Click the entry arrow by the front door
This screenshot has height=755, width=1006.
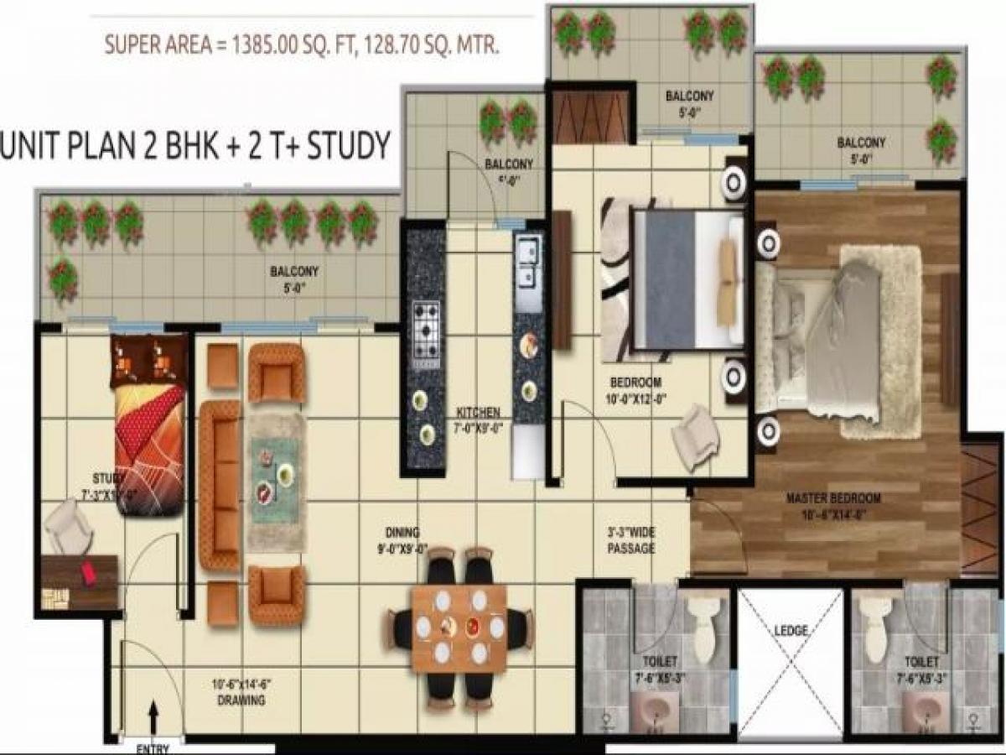click(x=153, y=719)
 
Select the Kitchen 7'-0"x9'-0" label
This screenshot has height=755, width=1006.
click(x=479, y=419)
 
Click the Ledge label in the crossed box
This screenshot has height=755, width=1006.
click(x=791, y=629)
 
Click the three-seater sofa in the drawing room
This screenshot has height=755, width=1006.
click(x=220, y=484)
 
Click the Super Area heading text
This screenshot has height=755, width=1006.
click(x=302, y=44)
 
